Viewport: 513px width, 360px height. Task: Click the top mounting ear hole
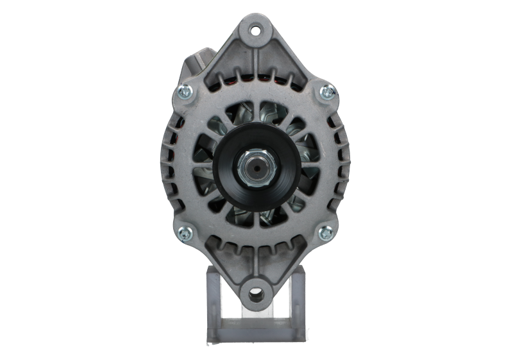point(256,30)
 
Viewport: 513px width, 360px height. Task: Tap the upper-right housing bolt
point(328,93)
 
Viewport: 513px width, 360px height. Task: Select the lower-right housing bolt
point(328,232)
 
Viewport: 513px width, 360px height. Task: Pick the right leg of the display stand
point(299,302)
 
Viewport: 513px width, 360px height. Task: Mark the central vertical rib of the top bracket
point(256,64)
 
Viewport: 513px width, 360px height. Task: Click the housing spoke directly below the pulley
point(256,221)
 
